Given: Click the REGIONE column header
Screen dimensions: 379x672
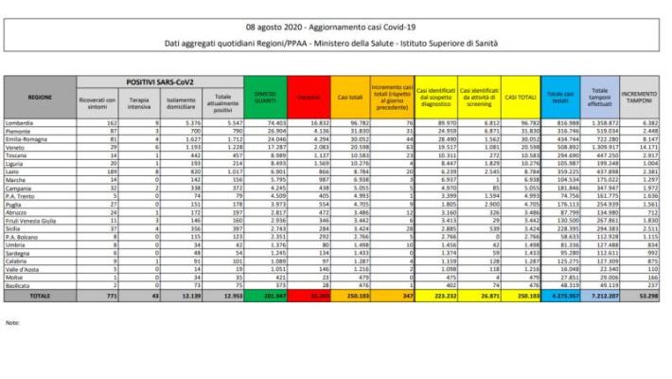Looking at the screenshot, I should coord(40,97).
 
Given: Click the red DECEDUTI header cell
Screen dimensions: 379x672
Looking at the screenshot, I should coord(309,97).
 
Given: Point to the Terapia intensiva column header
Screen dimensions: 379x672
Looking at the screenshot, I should coord(138,101).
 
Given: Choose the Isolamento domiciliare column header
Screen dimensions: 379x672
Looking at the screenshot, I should coord(181,101).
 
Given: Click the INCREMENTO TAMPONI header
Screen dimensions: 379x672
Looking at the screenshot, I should coord(642,97).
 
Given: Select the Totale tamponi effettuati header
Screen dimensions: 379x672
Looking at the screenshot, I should coord(599,97).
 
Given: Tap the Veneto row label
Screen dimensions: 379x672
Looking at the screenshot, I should coord(17,149).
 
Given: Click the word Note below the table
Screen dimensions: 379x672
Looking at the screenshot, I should coord(12,323).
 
